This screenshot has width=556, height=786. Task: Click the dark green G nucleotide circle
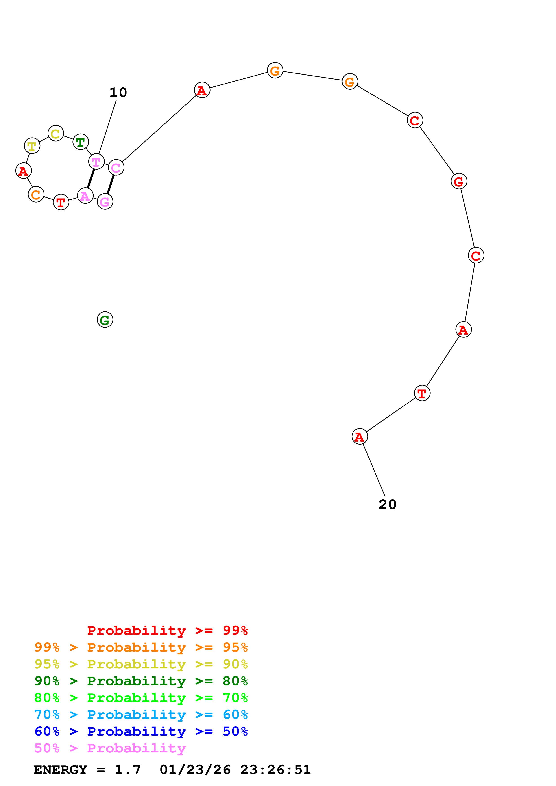(x=105, y=320)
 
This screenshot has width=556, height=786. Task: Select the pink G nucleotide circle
(x=105, y=202)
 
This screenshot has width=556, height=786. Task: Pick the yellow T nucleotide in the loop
(x=32, y=146)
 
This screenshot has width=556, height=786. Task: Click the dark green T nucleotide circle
(x=81, y=142)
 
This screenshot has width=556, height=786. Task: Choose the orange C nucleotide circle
(x=36, y=194)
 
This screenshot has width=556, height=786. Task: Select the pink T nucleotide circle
(x=96, y=161)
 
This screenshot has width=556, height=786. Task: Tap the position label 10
(x=118, y=93)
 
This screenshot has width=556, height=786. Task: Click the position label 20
(x=388, y=505)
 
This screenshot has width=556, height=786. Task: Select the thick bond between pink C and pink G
(x=111, y=185)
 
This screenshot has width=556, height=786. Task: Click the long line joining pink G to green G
(x=105, y=260)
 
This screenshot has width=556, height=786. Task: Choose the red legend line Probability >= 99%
(x=167, y=631)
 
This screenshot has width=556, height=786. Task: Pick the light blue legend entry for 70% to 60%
(x=141, y=715)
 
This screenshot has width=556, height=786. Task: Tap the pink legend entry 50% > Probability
(x=110, y=748)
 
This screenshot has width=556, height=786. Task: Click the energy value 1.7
(x=127, y=770)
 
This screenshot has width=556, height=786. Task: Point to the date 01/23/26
(x=195, y=770)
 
